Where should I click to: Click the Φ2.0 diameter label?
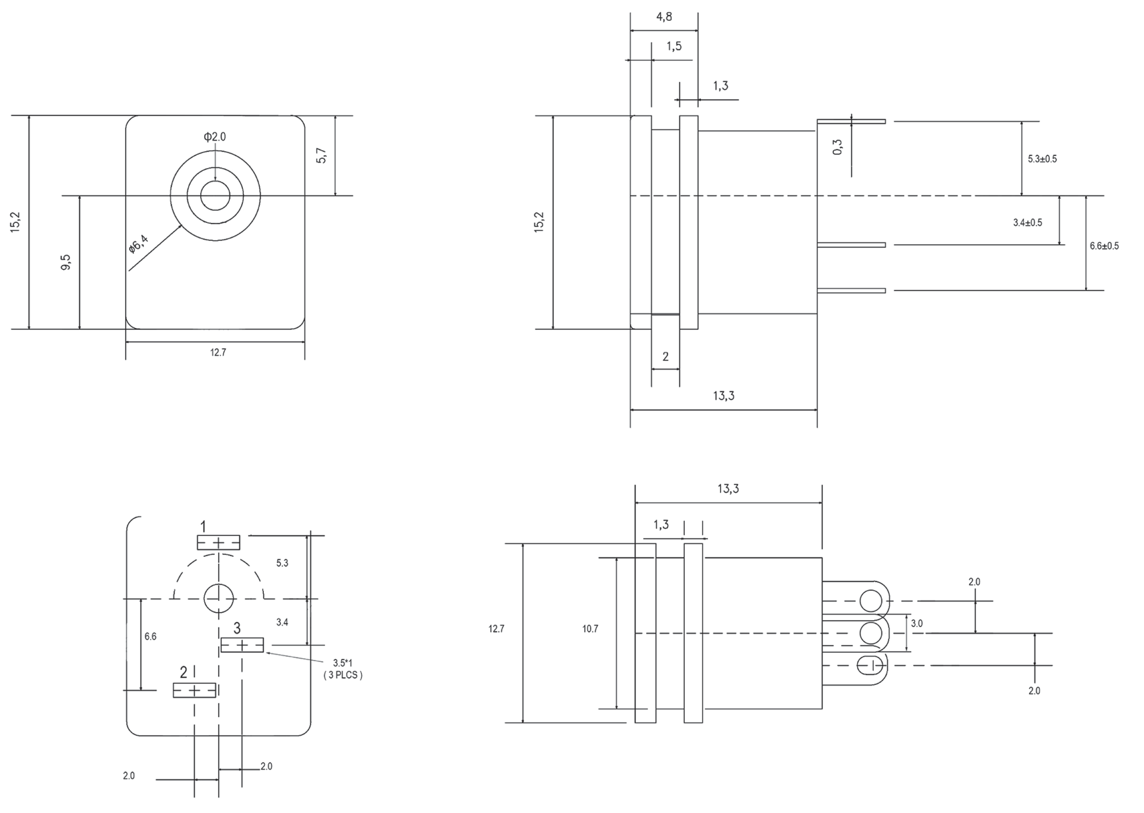click(215, 137)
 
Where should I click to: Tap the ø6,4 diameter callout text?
click(138, 244)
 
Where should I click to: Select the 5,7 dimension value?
click(322, 156)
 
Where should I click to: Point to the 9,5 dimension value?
click(66, 262)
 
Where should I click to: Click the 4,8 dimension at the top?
click(664, 17)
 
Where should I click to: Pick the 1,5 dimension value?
click(674, 46)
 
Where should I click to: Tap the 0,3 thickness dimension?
click(838, 147)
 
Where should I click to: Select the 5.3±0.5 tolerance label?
click(1042, 159)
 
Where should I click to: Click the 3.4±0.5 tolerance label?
click(1027, 223)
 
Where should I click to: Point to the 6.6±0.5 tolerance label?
click(1104, 246)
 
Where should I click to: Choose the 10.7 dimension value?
click(590, 629)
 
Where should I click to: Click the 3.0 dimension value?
click(917, 624)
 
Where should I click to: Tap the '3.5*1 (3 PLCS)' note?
click(342, 669)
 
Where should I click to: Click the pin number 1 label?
click(203, 527)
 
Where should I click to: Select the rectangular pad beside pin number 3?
click(242, 645)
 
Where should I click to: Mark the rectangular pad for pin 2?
click(195, 690)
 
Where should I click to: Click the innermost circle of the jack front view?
click(215, 195)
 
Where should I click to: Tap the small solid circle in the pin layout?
click(219, 599)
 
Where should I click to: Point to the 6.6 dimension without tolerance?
click(150, 637)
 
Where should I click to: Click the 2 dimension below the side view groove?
click(665, 357)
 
